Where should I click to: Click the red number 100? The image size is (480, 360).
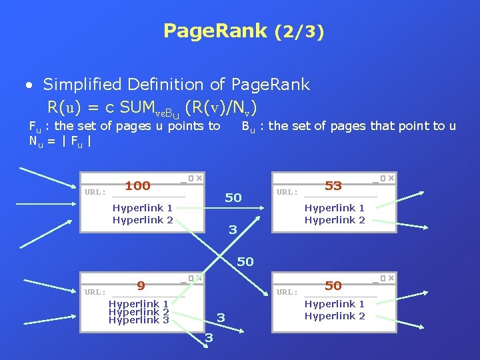coord(137,185)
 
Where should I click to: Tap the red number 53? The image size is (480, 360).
coord(333,185)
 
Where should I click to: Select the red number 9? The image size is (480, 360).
coord(141,286)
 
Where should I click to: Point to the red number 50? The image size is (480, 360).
coord(333,286)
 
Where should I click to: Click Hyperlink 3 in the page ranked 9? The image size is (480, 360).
coord(138,320)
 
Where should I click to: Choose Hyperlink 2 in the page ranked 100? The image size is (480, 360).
coord(143,220)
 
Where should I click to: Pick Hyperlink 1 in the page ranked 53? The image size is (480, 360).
coord(335,208)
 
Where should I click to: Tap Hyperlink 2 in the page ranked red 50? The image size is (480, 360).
coord(335,316)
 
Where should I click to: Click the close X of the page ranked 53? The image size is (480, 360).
coord(391,178)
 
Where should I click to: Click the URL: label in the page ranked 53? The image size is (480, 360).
coord(287,192)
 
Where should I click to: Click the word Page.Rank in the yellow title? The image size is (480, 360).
coord(215,31)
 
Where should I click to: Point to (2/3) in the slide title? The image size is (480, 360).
coord(299,31)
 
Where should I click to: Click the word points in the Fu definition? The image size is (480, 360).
coord(173,126)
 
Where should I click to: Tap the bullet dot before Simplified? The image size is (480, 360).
coord(29,85)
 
